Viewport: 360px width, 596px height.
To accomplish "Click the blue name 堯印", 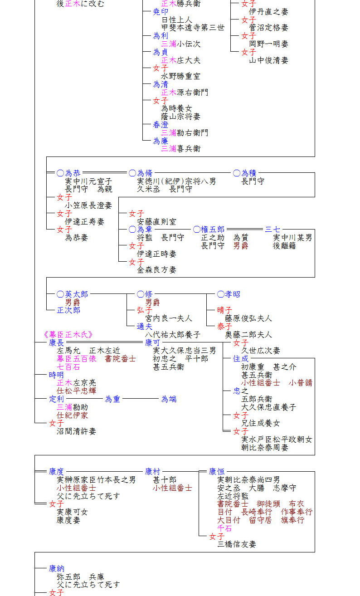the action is [161, 12].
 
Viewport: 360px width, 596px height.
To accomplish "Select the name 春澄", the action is [161, 125].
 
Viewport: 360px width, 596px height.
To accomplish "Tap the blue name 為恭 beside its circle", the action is [73, 173].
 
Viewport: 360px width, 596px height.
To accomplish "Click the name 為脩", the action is [145, 173].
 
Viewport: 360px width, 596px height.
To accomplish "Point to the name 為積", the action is [248, 173].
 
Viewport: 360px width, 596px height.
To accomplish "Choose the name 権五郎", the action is [213, 230].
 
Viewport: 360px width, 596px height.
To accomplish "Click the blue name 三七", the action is [272, 230].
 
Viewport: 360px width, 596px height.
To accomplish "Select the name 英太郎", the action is [76, 294].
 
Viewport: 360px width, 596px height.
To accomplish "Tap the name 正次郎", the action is [68, 310].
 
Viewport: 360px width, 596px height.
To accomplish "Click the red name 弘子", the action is [144, 310].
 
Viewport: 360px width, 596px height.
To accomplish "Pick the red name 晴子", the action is [224, 310].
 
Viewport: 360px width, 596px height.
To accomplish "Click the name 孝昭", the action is [233, 294].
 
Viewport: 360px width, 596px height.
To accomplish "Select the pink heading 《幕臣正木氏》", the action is [68, 334].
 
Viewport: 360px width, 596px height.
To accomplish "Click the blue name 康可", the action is [152, 343].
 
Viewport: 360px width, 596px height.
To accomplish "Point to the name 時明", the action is [56, 375].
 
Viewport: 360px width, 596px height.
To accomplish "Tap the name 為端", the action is [169, 399].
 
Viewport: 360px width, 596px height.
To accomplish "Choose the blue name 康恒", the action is [217, 471].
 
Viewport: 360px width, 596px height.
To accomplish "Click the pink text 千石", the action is [224, 528].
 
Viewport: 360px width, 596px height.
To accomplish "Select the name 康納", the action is [56, 569].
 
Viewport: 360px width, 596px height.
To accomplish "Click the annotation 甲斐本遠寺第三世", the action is [193, 28].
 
